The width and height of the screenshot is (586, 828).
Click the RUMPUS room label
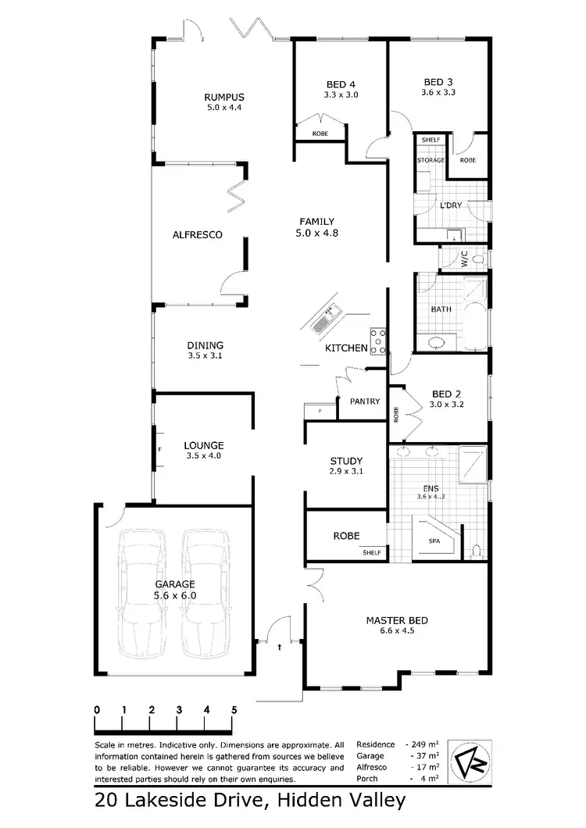(225, 97)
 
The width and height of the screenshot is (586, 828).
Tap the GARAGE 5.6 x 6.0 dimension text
(174, 595)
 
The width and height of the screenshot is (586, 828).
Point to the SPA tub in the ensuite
(434, 540)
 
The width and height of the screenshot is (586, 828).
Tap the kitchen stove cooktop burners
(378, 338)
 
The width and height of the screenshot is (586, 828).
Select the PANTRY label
(365, 402)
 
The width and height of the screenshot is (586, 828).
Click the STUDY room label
(346, 461)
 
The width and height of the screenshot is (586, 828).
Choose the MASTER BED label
(397, 621)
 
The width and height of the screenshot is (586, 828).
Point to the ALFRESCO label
(198, 234)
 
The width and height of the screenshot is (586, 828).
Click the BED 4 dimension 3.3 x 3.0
(341, 95)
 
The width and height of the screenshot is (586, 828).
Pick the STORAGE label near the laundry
(430, 160)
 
